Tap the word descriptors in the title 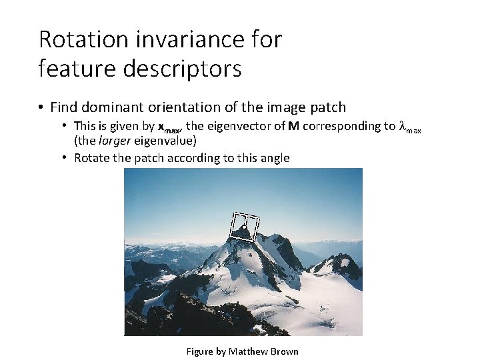(174, 68)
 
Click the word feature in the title (70, 68)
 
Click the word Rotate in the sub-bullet (91, 158)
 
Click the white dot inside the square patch (245, 228)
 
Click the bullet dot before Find (41, 107)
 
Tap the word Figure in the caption (199, 351)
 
